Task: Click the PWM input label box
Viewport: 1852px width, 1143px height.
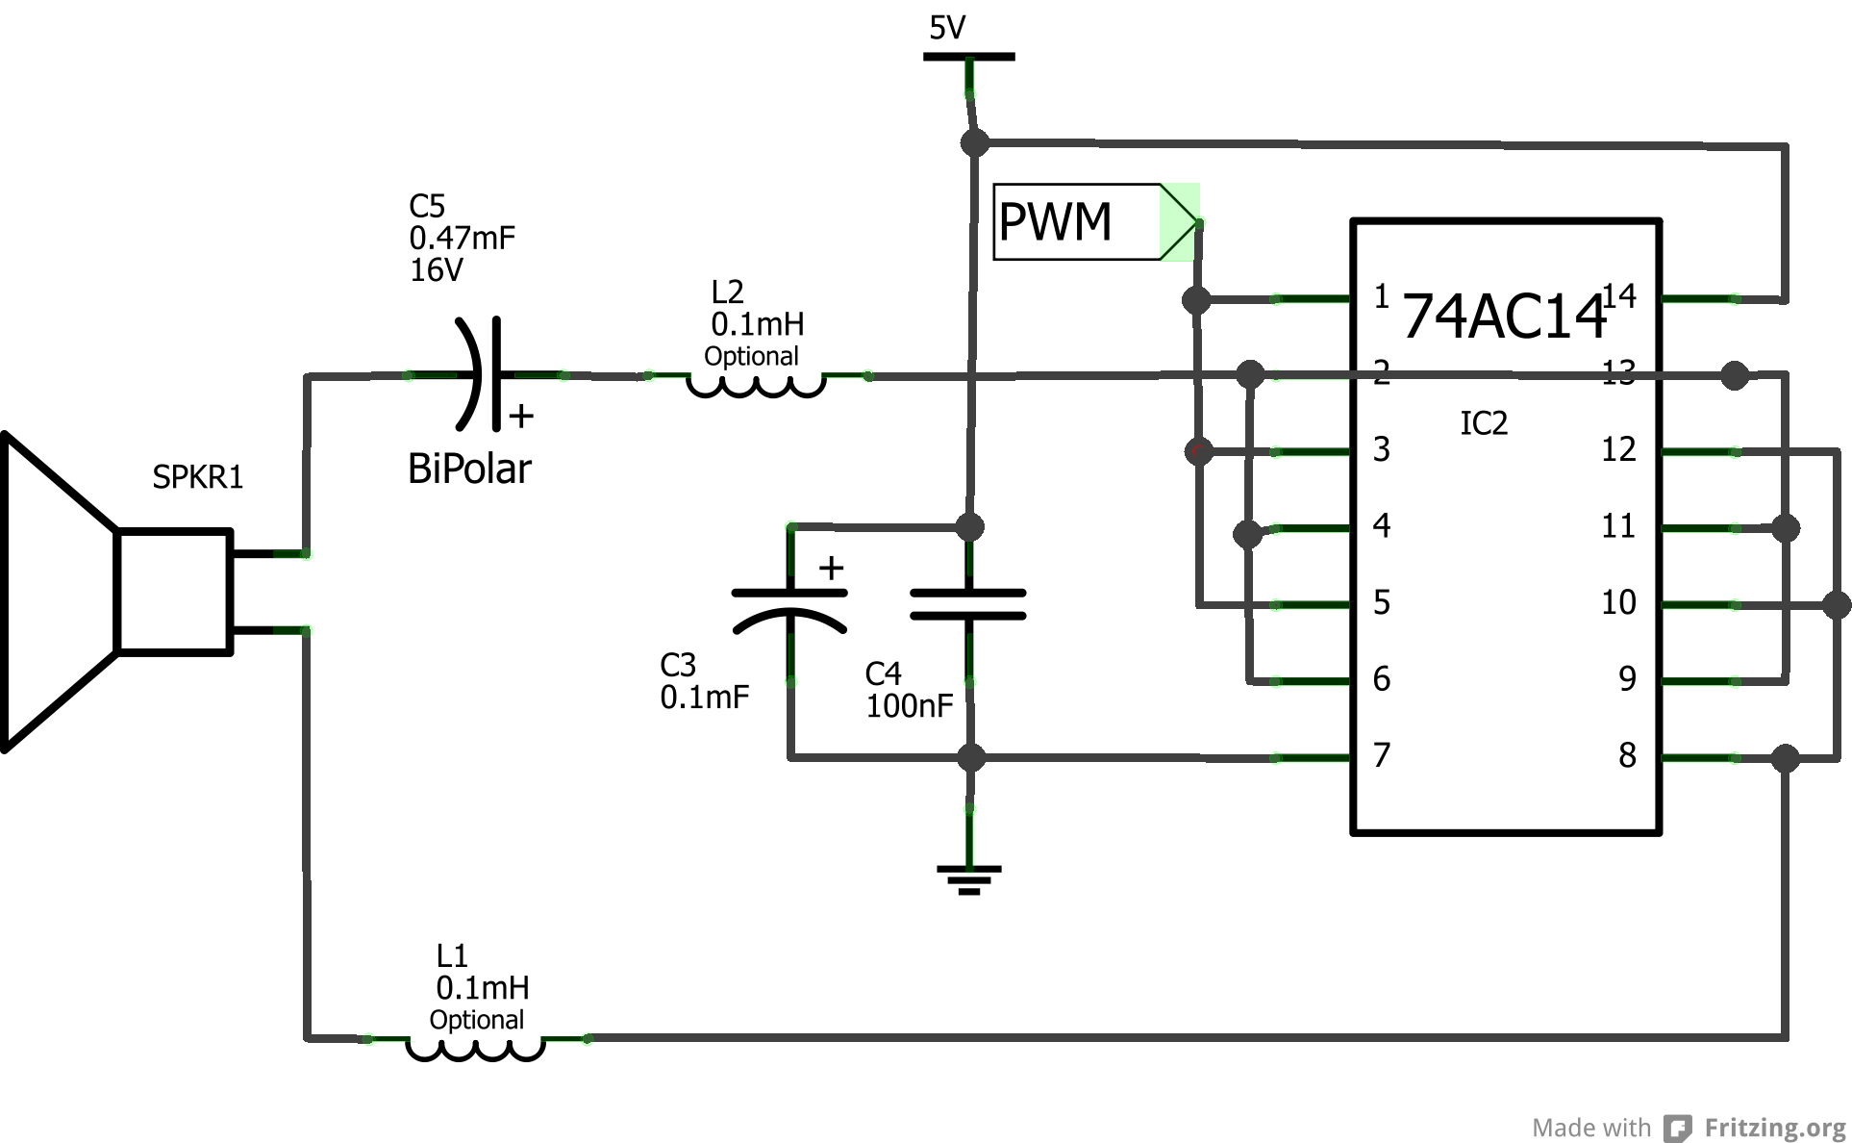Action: [x=1077, y=222]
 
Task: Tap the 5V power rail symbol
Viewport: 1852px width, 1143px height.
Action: [x=968, y=57]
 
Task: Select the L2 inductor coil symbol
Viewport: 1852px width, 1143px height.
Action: [x=757, y=385]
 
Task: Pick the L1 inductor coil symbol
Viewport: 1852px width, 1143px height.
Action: [x=476, y=1048]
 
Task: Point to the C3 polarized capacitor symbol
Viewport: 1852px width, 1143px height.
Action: [x=790, y=608]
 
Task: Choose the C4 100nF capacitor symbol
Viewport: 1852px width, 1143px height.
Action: [x=968, y=604]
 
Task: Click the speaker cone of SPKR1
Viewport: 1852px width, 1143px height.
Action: [x=58, y=592]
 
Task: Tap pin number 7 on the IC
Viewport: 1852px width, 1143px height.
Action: [x=1382, y=755]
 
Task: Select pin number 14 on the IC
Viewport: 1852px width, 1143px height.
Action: [x=1618, y=295]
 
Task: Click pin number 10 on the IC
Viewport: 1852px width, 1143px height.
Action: [x=1618, y=602]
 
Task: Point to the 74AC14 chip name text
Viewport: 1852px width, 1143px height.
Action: [x=1504, y=316]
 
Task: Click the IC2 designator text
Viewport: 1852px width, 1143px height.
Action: [x=1484, y=423]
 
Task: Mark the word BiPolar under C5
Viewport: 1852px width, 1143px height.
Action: [x=469, y=469]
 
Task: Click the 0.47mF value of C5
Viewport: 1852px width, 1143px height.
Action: [x=463, y=238]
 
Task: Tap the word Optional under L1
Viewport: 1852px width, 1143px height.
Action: [x=477, y=1020]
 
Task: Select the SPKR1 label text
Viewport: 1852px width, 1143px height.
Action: [x=198, y=477]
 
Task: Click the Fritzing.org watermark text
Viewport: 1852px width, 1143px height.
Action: [x=1775, y=1128]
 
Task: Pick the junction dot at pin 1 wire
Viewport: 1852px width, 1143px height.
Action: [x=1196, y=300]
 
